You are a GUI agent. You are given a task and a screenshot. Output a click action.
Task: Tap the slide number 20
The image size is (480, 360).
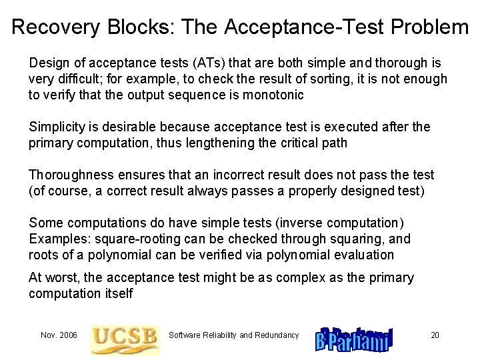(x=435, y=335)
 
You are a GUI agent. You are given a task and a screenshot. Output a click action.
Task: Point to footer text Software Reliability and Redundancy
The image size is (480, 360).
(x=234, y=335)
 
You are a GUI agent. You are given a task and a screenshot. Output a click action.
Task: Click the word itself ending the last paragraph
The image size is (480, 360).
(x=118, y=293)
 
